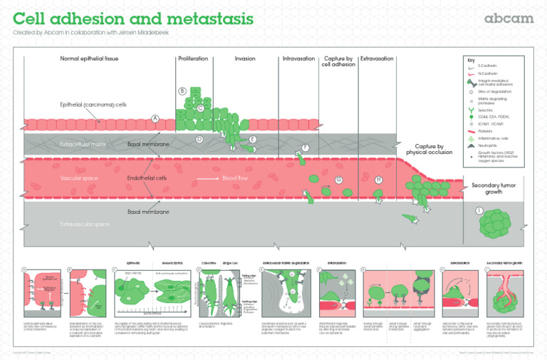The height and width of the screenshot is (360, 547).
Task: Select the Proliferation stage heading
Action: pyautogui.click(x=192, y=58)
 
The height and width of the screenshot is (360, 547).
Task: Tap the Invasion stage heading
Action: pyautogui.click(x=245, y=58)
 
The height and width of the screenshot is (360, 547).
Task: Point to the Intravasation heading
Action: pyautogui.click(x=298, y=58)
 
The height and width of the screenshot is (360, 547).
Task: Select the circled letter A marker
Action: pyautogui.click(x=155, y=118)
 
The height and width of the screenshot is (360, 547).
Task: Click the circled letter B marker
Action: pyautogui.click(x=182, y=91)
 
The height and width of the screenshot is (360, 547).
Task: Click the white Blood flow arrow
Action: pyautogui.click(x=207, y=178)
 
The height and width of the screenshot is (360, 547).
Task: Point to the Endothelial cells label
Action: pyautogui.click(x=147, y=178)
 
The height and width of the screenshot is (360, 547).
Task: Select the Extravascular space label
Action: pyautogui.click(x=85, y=224)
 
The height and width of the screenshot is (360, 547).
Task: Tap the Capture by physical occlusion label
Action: pyautogui.click(x=429, y=149)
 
